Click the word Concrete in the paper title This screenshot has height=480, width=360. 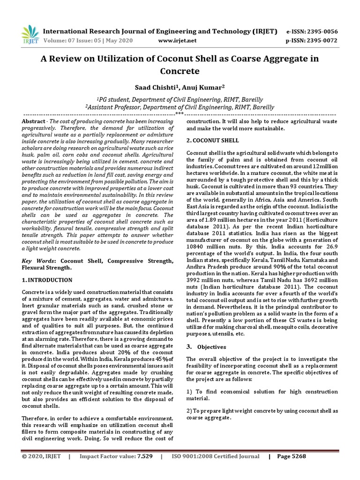pyautogui.click(x=180, y=71)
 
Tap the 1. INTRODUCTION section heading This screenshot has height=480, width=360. pyautogui.click(x=47, y=280)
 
